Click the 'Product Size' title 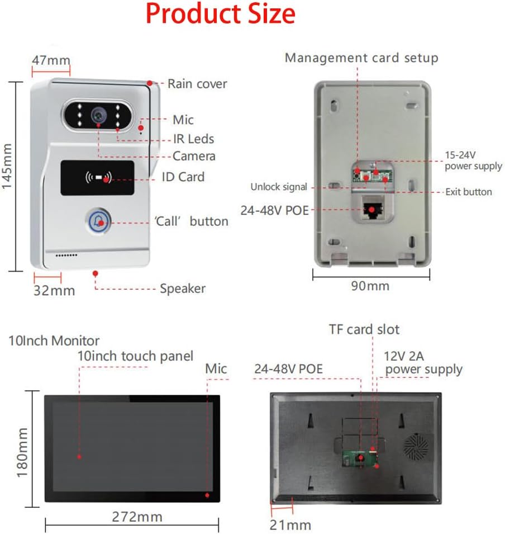221,14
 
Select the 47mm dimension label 51,60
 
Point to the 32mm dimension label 54,290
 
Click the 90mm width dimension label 371,286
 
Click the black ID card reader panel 97,178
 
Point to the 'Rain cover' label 197,84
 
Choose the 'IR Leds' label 193,139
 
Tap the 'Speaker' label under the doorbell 182,289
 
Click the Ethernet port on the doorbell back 370,209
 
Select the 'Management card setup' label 361,58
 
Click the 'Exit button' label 468,192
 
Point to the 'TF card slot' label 364,329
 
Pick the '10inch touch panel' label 135,356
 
